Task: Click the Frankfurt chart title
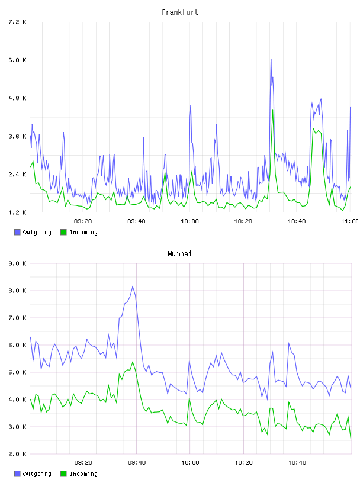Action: [x=180, y=12]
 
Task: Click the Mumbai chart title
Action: [x=179, y=254]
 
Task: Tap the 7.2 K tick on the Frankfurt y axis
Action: [x=18, y=22]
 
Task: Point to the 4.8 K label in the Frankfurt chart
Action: [x=18, y=98]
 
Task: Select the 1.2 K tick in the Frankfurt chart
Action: [x=18, y=212]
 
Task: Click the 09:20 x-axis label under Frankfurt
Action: [x=83, y=221]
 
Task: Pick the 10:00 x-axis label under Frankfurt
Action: [x=190, y=221]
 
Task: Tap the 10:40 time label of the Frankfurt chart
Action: [x=297, y=221]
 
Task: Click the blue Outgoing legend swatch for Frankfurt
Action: [x=17, y=232]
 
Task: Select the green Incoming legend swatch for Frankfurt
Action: [x=63, y=232]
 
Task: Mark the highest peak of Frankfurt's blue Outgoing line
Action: [x=271, y=59]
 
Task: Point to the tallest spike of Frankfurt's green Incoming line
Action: [x=273, y=110]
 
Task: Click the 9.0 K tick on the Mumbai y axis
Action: [x=18, y=263]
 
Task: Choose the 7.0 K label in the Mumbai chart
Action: [x=18, y=318]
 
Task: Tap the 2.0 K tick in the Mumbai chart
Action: [x=18, y=454]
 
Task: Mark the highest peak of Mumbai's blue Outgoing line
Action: [x=133, y=286]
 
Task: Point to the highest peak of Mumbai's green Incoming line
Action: [x=133, y=362]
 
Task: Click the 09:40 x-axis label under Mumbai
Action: [x=137, y=463]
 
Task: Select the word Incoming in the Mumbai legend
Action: [x=83, y=474]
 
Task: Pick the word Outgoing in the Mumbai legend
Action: [x=37, y=474]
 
